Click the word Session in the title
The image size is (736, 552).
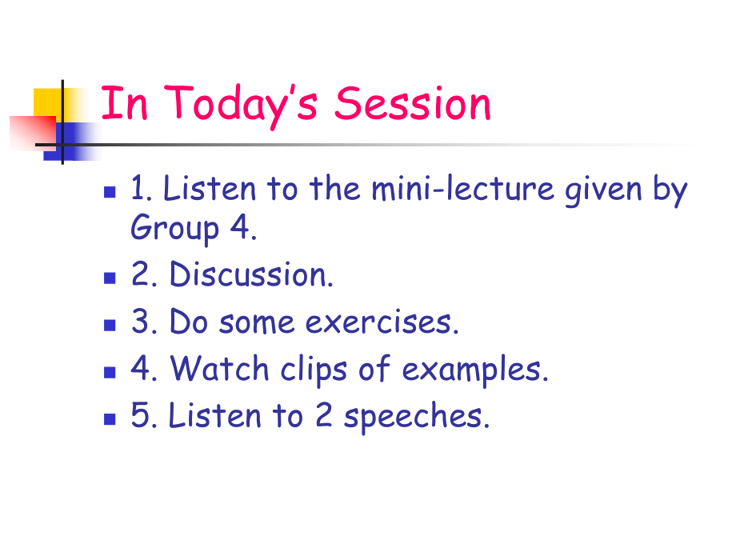[413, 105]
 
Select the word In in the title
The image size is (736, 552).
[125, 105]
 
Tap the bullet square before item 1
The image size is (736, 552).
[110, 193]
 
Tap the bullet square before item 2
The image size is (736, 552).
[110, 279]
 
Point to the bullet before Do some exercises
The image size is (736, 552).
[110, 326]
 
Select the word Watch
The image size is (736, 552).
[220, 369]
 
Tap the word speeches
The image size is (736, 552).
[416, 418]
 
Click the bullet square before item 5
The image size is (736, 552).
[110, 421]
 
